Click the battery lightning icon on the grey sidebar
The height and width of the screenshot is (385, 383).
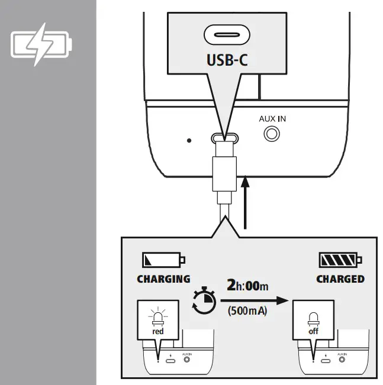pos(41,44)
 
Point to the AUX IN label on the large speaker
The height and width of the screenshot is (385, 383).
pos(272,118)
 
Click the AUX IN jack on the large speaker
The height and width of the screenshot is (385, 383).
pos(272,134)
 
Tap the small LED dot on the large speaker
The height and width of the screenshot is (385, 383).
pos(189,141)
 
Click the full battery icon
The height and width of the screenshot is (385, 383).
pos(340,260)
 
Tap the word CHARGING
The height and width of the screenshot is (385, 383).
pos(163,279)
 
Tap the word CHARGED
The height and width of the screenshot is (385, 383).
pos(340,279)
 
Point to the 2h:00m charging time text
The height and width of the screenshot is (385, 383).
pos(247,286)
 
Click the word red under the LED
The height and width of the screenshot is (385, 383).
pos(157,332)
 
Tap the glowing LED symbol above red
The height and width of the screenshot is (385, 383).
pos(157,315)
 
